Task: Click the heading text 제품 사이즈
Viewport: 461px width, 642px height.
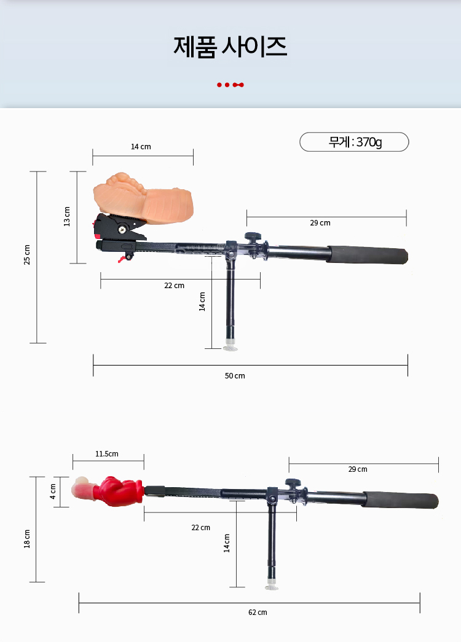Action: click(x=230, y=46)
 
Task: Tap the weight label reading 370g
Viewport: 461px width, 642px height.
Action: click(x=369, y=142)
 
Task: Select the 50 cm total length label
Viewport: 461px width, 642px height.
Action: click(x=235, y=375)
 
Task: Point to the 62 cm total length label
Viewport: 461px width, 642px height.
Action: click(x=258, y=612)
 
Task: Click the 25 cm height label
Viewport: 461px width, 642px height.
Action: click(x=27, y=255)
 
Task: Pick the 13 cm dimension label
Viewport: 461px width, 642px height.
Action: click(x=67, y=216)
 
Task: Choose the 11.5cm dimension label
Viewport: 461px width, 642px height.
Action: click(x=107, y=453)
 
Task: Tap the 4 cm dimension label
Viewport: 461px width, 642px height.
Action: click(x=53, y=491)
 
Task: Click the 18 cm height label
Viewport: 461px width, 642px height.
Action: click(x=27, y=539)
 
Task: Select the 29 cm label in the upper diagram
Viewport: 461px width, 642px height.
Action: click(x=320, y=223)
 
